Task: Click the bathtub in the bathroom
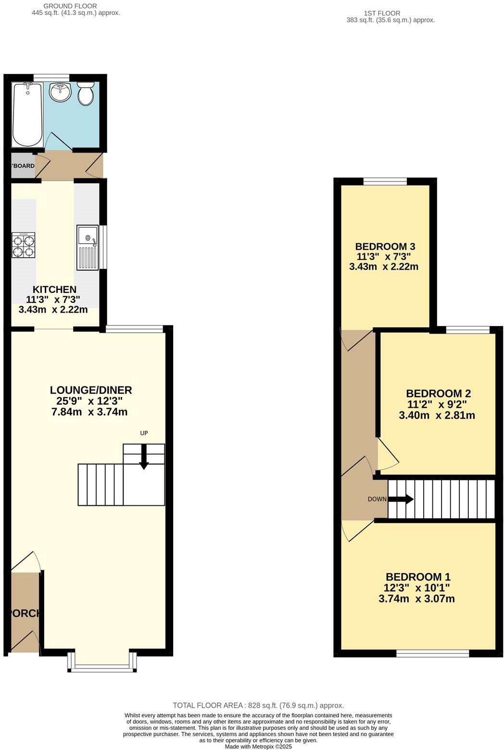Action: (27, 114)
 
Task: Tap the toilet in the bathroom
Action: (86, 94)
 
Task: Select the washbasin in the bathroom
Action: (61, 92)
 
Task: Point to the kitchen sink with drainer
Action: (87, 247)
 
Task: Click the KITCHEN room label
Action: (54, 289)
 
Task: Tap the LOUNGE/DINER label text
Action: (91, 390)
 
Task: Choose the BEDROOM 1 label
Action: (418, 577)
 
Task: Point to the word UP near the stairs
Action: (144, 433)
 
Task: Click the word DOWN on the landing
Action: (377, 499)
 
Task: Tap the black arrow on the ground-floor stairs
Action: (144, 460)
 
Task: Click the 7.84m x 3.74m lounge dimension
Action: (89, 412)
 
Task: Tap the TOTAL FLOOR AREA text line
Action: (258, 706)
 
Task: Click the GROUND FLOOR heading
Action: (70, 6)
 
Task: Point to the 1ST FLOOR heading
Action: (382, 13)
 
